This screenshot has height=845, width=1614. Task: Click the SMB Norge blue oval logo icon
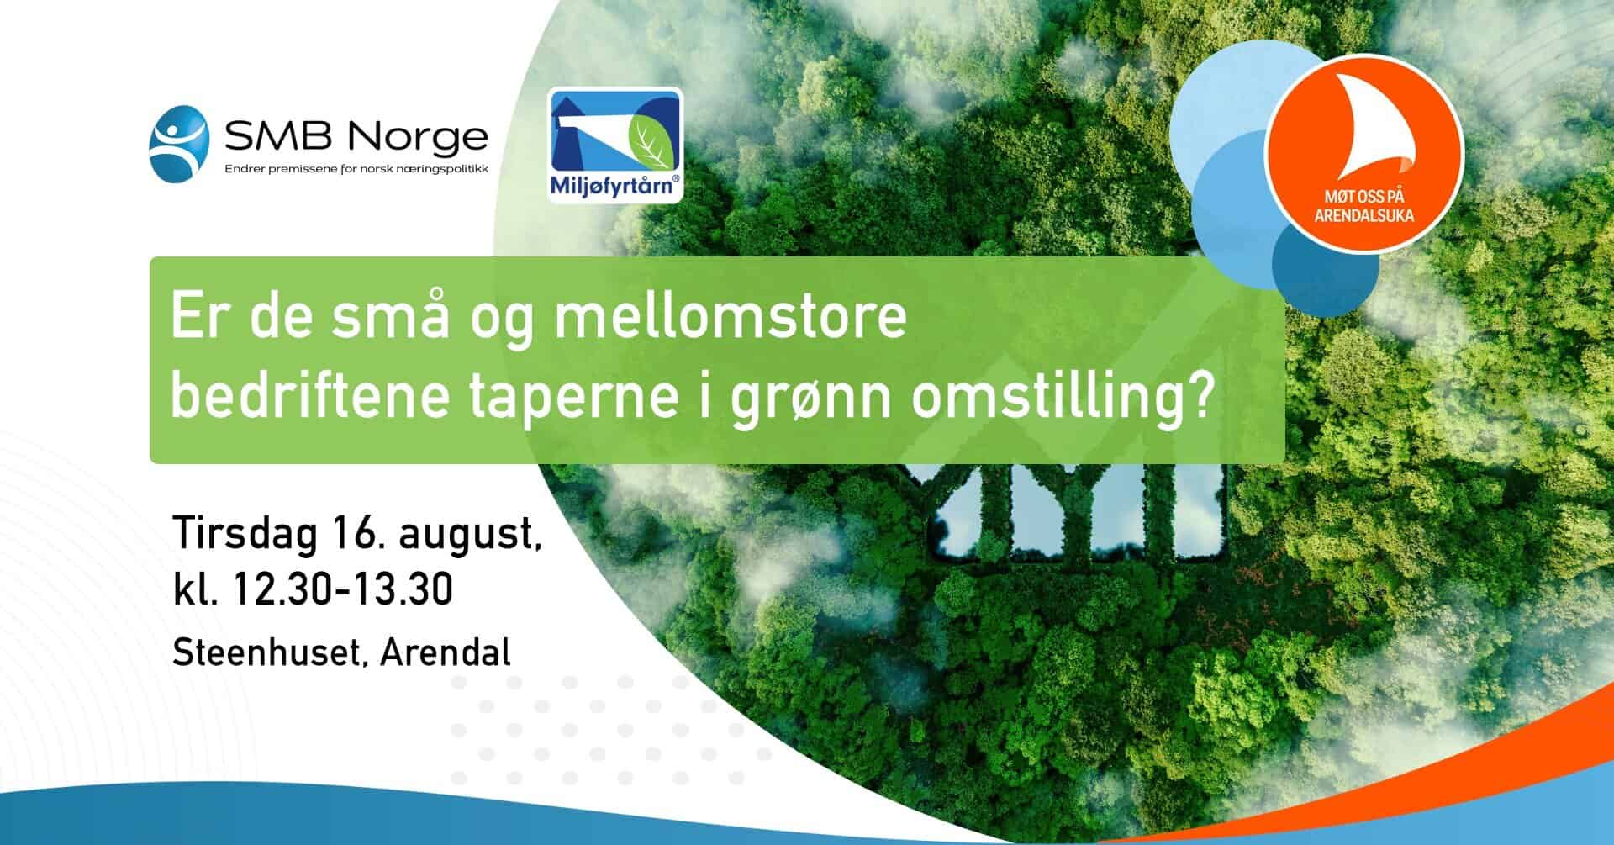point(179,144)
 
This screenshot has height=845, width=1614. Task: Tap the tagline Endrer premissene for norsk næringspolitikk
point(356,170)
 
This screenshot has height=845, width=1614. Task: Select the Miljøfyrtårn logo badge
point(615,145)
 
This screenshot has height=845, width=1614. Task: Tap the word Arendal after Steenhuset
point(446,652)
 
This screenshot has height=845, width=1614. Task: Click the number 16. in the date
point(359,533)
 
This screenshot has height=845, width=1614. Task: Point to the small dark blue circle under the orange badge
point(1325,264)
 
